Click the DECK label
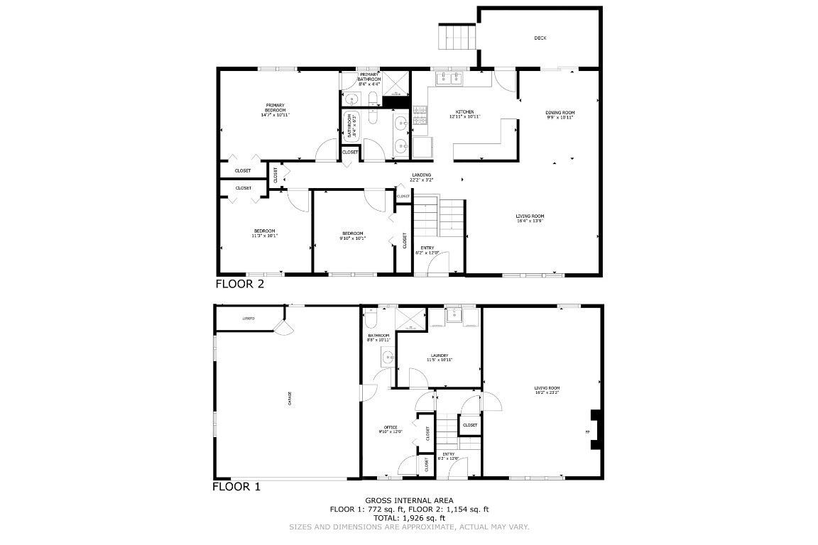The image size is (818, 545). click(540, 38)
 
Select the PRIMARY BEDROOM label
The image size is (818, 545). click(276, 108)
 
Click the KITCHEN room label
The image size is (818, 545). click(465, 112)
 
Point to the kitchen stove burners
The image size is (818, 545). click(420, 111)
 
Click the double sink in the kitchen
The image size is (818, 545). click(449, 78)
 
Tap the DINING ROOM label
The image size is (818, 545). click(560, 113)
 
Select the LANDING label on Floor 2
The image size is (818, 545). click(421, 175)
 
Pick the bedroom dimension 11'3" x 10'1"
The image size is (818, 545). click(265, 236)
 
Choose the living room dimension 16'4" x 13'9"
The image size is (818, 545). click(530, 221)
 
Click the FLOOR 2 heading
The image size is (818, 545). click(240, 285)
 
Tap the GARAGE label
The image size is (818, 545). click(290, 399)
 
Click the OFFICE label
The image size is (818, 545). click(391, 426)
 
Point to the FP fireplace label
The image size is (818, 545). click(587, 431)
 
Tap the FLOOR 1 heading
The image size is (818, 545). click(237, 487)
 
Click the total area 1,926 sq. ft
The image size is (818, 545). click(408, 518)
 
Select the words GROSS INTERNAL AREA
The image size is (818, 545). click(409, 500)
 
